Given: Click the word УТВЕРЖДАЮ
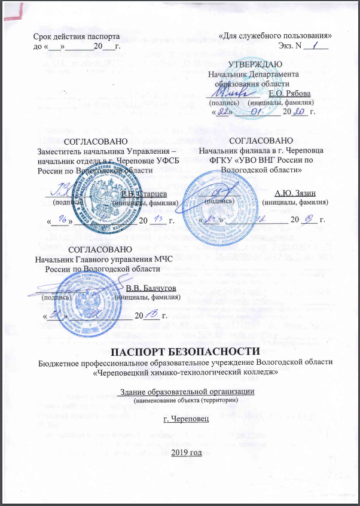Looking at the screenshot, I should (x=252, y=64).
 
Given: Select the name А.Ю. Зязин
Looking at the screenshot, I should (x=294, y=193).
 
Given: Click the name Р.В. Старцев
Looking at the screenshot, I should (x=144, y=193).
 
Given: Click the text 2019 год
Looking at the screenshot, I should (x=187, y=450).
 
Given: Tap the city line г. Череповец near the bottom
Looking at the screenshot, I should (x=187, y=419).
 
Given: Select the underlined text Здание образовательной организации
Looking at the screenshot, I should (x=187, y=391).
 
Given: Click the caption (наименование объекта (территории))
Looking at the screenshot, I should (x=187, y=400).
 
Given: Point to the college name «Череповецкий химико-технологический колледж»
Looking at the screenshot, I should (x=187, y=372).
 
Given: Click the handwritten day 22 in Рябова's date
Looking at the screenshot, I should (x=223, y=113).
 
